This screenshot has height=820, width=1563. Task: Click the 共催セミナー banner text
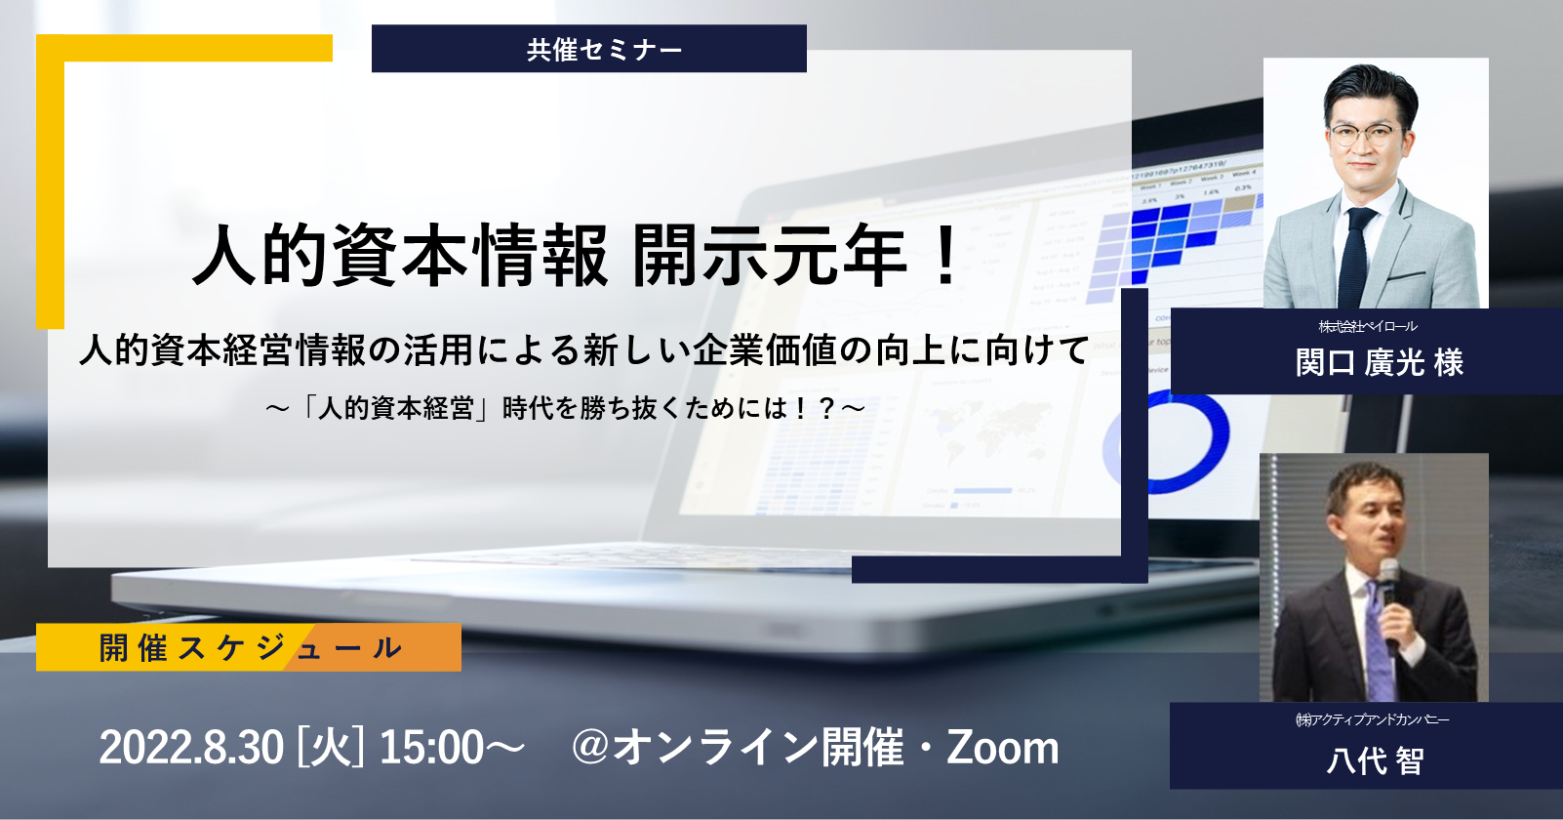coord(604,50)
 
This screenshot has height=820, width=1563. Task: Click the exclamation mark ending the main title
coord(946,256)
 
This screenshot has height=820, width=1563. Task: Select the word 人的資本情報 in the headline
coord(401,256)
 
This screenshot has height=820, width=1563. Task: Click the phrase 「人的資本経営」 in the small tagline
coord(396,408)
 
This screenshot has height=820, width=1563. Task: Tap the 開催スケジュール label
coord(251,648)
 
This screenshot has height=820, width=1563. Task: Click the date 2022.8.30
coord(191,748)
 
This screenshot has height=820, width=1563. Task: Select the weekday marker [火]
coord(330,748)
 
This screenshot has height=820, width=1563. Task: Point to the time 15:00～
coord(451,748)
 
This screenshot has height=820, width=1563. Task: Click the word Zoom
coord(1002,748)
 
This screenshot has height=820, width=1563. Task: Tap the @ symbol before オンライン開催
coord(590,748)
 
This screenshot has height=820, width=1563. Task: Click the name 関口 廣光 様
coord(1380,363)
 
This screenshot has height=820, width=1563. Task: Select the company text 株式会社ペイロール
coord(1368,326)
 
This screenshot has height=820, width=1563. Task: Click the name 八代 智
coord(1375,760)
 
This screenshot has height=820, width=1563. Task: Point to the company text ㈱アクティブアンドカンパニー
coord(1372,719)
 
